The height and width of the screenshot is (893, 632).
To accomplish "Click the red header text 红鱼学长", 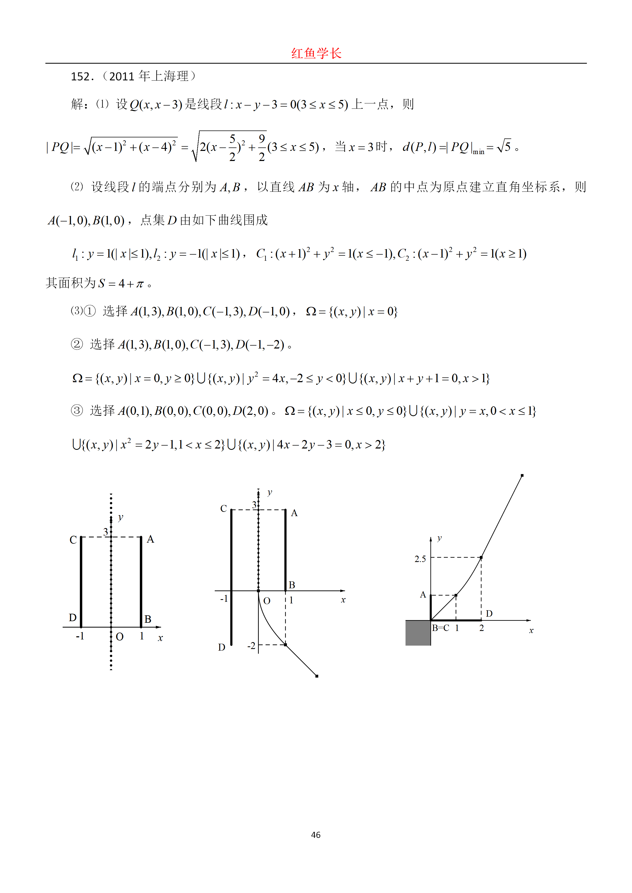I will point(316,53).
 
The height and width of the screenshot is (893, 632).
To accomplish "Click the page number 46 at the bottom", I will point(316,835).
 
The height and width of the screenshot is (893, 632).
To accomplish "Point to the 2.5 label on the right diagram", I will point(420,559).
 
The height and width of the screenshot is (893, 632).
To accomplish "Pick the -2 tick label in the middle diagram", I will point(251,646).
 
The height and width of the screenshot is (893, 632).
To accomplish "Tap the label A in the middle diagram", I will point(294,513).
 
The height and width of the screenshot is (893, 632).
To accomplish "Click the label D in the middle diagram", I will point(221,647).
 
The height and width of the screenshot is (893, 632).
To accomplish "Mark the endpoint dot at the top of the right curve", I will point(522,475).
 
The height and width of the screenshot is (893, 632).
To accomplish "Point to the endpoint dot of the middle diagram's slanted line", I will point(317,676).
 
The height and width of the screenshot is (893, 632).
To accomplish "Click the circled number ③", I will point(77,410).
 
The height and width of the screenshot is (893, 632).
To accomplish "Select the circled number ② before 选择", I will point(77,344).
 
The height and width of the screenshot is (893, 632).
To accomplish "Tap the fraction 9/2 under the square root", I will point(261,148).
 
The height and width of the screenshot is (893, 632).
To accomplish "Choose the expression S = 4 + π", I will point(121,284).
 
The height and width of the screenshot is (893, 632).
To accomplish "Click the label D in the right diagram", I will point(489,613).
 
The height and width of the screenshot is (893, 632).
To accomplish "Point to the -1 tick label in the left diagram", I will point(80,636).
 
